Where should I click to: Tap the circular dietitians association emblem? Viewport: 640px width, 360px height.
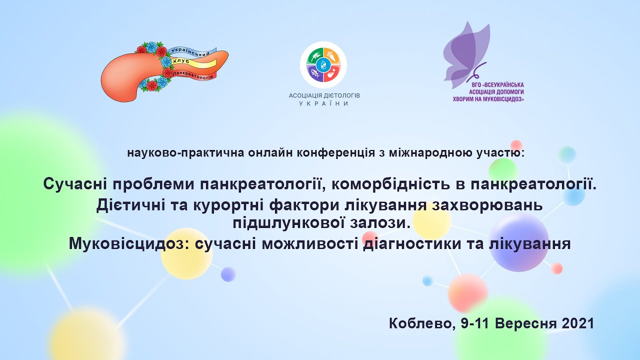coord(323,64)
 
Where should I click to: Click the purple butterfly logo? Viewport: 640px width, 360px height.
coord(467,52)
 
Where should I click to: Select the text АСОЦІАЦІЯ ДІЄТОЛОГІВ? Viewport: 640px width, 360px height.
coord(324,95)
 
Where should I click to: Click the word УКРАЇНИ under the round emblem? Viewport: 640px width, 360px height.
coord(324,103)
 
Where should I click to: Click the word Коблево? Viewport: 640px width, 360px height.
coord(419,323)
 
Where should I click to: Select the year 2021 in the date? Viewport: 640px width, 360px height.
coord(577,323)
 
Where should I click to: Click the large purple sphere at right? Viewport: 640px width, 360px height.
coord(518,241)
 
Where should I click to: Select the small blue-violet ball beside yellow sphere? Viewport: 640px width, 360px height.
coord(228,274)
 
